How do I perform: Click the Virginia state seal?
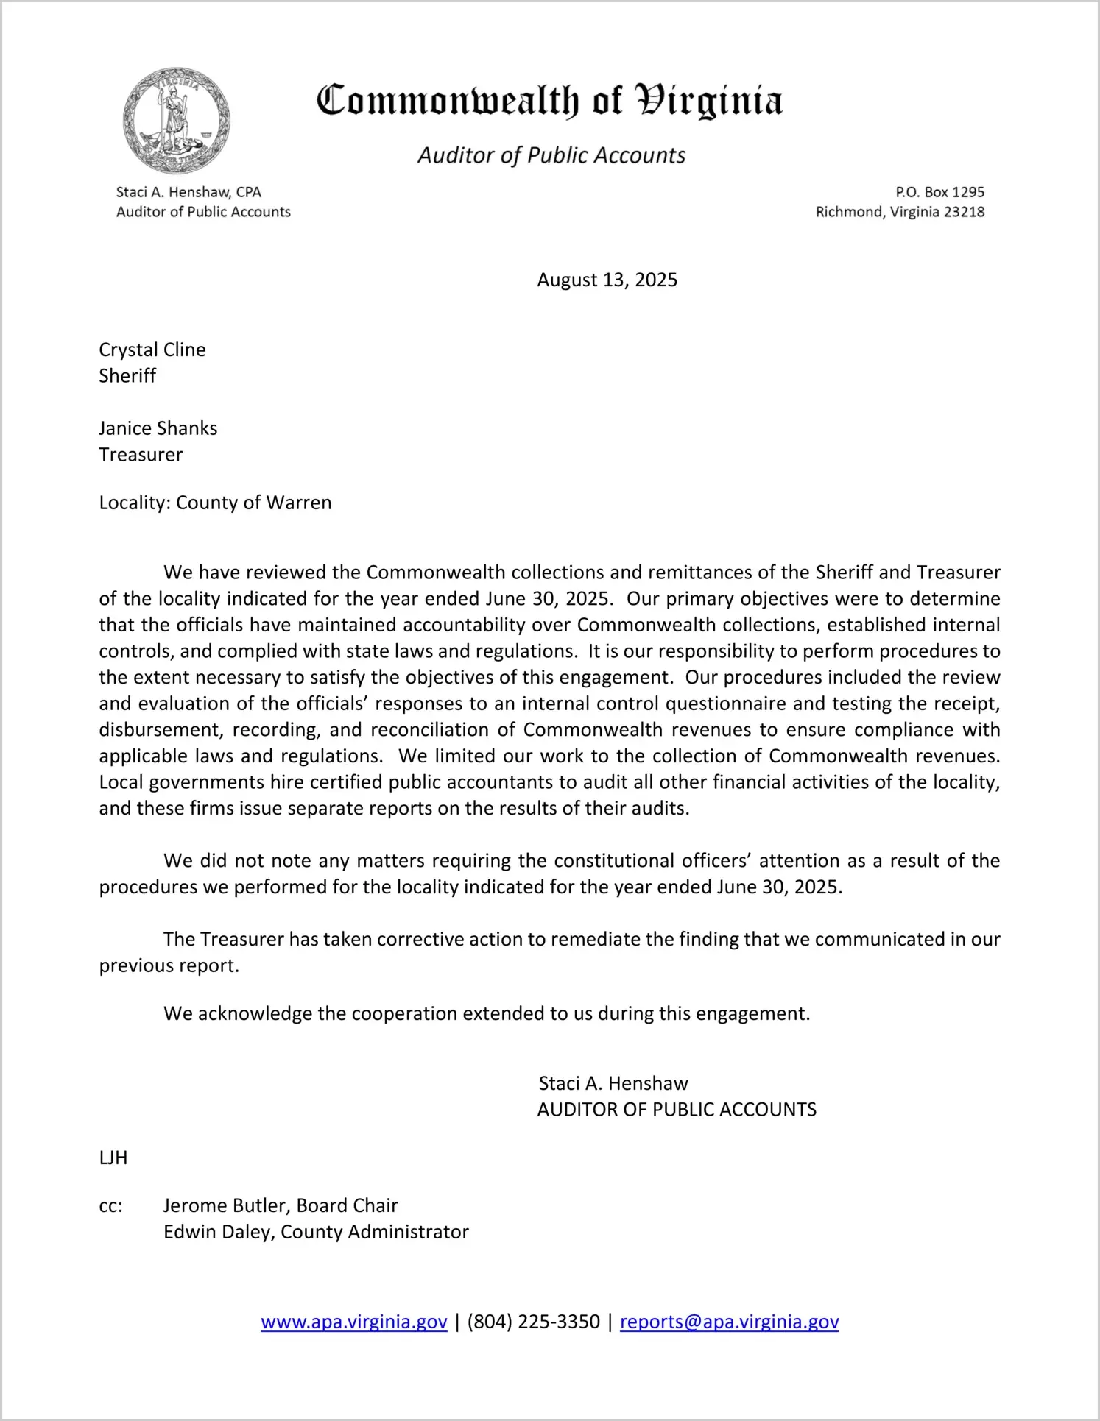[177, 121]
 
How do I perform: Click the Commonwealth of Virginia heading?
[549, 101]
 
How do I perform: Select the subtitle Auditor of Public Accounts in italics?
[551, 155]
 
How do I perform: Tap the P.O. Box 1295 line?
[939, 192]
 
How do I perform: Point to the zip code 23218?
[964, 212]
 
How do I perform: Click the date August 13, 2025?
[607, 280]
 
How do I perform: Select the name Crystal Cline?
[152, 350]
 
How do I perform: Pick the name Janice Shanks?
[158, 428]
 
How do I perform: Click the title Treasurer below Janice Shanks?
[141, 455]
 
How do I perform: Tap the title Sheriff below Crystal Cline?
[127, 376]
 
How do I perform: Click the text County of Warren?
[253, 503]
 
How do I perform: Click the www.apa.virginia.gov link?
[353, 1322]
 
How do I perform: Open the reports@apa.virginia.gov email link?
[729, 1322]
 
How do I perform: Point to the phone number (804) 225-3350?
[533, 1322]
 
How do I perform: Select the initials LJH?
[113, 1158]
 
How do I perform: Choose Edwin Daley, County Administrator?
[316, 1232]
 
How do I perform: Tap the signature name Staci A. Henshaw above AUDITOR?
[613, 1083]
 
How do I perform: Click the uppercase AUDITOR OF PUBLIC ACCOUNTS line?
[677, 1110]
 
